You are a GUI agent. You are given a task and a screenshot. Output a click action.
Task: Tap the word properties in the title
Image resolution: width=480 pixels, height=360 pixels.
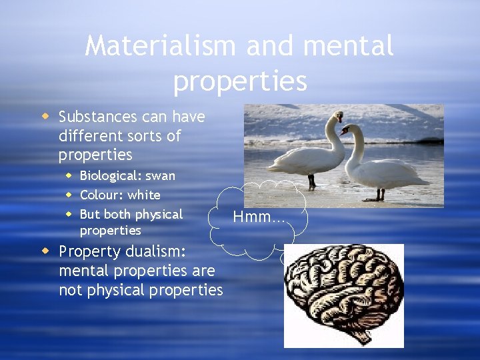[240, 81]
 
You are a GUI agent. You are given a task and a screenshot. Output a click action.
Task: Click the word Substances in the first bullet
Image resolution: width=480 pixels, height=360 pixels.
[97, 117]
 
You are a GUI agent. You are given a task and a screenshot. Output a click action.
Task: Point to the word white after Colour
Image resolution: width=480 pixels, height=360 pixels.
[144, 195]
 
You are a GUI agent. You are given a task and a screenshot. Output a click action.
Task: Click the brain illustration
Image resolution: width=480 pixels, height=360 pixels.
[343, 293]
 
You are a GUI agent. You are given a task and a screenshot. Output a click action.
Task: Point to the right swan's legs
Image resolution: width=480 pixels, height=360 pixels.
[380, 194]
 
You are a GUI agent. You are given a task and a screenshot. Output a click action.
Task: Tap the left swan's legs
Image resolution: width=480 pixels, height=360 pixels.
[311, 181]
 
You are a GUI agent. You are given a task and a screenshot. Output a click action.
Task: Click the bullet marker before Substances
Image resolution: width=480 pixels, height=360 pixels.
[45, 117]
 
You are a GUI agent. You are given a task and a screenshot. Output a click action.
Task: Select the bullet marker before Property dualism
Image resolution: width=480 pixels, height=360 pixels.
[45, 251]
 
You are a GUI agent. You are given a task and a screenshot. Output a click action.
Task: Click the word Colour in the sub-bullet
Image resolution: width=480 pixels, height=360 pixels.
[101, 195]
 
